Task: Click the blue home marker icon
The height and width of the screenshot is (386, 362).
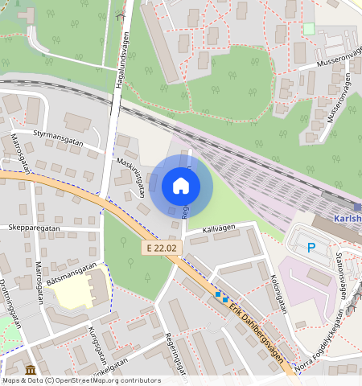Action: click(x=181, y=186)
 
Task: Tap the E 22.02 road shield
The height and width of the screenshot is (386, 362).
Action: click(x=160, y=249)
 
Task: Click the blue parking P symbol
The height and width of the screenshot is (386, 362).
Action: click(x=311, y=248)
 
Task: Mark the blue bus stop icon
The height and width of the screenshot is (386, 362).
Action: click(x=220, y=296)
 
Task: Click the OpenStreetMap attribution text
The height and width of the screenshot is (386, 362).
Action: click(x=80, y=380)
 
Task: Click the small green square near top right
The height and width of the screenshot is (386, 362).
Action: click(x=310, y=28)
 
